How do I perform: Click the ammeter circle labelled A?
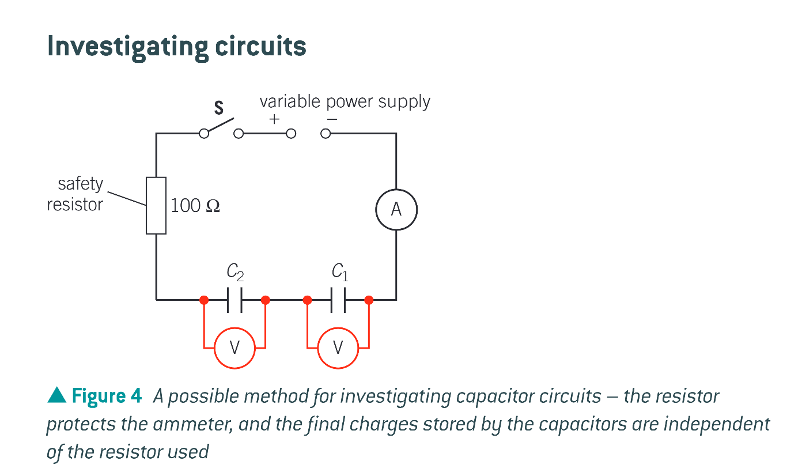tap(396, 210)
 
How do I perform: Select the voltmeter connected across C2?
tap(234, 348)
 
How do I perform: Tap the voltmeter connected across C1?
tap(338, 348)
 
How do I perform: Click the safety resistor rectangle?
tap(156, 205)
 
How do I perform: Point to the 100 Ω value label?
tap(195, 206)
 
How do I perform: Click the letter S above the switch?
tap(219, 108)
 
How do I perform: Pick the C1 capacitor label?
tap(339, 271)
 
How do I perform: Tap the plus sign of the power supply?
tap(274, 119)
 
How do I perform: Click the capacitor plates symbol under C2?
tap(234, 300)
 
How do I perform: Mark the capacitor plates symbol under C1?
tap(338, 300)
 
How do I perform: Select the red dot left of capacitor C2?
tap(203, 300)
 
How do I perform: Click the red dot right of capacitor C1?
tap(369, 300)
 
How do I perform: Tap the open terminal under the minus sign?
tap(326, 134)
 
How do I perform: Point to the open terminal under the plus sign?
tap(291, 134)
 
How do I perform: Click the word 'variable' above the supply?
tap(289, 101)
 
